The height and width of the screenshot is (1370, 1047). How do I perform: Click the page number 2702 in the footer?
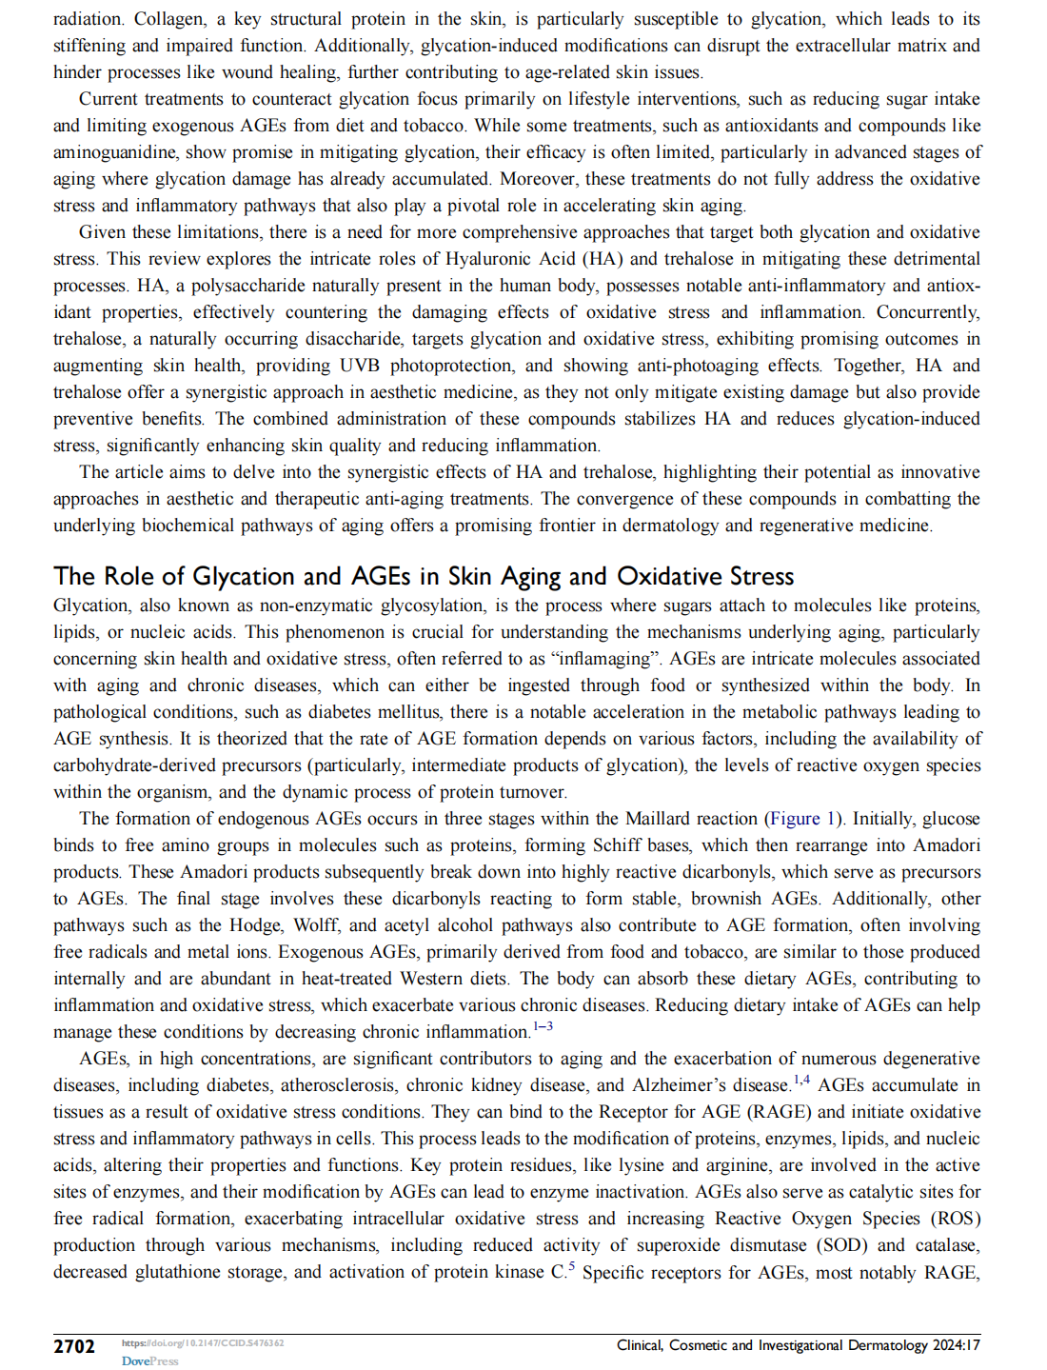point(74,1346)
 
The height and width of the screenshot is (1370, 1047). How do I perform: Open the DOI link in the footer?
point(203,1343)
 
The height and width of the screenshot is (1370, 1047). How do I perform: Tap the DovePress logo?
point(149,1361)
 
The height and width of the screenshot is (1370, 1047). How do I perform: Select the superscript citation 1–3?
point(543,1026)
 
